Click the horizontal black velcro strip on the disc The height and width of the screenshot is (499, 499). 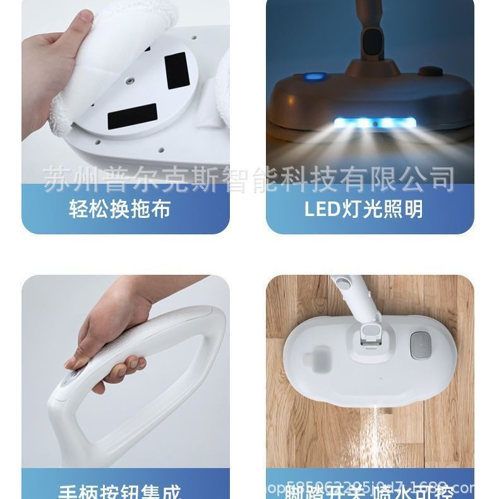click(132, 117)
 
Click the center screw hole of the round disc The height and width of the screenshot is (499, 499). click(130, 81)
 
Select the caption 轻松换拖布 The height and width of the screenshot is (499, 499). click(119, 209)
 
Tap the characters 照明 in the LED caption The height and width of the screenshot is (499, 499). click(404, 209)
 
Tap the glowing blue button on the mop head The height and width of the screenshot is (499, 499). click(314, 77)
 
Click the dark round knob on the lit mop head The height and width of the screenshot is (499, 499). click(430, 71)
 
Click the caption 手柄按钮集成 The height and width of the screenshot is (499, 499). click(119, 491)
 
